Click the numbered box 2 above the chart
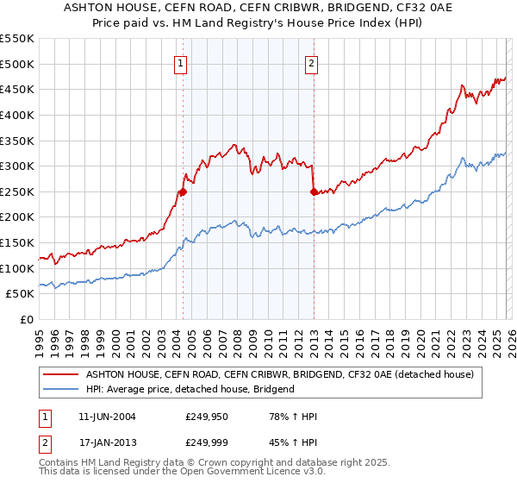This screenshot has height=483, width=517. click(311, 62)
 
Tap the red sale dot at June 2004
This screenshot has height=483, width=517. click(183, 192)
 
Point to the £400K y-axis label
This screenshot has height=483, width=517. click(17, 115)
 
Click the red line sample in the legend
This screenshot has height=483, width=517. click(60, 375)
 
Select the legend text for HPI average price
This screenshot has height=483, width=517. click(190, 389)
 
